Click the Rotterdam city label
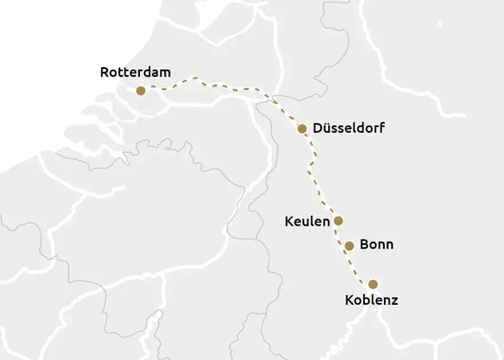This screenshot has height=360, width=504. [135, 72]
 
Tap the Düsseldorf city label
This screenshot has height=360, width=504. [349, 128]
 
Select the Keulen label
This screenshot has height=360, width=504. [307, 221]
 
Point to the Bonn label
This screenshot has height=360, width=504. [376, 245]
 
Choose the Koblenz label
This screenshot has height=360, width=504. [370, 301]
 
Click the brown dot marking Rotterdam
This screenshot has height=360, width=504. [141, 90]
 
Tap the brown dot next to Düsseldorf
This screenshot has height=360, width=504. [302, 128]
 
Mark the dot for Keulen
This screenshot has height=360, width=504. [338, 220]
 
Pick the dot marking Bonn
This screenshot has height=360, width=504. [350, 246]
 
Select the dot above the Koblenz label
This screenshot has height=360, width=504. [372, 284]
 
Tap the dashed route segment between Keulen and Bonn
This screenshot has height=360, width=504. [343, 234]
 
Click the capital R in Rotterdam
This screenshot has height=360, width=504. [105, 72]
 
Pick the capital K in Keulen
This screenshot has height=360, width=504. [289, 221]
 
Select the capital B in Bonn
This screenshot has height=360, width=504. [364, 245]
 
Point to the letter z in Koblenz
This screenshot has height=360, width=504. [394, 301]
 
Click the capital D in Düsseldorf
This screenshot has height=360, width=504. [318, 128]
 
